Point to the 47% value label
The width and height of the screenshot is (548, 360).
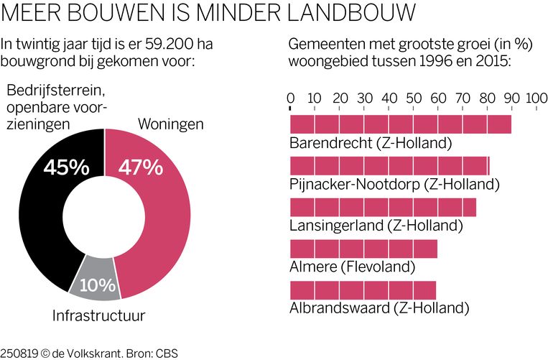click(x=141, y=168)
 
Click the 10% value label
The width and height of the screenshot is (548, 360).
click(x=97, y=285)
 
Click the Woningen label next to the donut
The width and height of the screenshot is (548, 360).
click(x=170, y=124)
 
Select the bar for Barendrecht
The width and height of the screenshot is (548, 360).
click(x=400, y=124)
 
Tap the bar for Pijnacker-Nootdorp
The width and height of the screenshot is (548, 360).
click(x=389, y=166)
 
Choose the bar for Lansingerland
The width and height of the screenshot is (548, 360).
click(x=383, y=208)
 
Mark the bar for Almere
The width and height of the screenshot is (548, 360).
click(x=363, y=249)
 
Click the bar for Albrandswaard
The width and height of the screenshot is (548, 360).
click(x=363, y=291)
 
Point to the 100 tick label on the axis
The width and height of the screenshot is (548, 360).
click(x=537, y=98)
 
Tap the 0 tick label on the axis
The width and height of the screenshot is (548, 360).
click(x=290, y=98)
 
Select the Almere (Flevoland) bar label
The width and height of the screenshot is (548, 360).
click(x=353, y=267)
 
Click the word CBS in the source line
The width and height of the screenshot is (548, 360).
click(x=167, y=353)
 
